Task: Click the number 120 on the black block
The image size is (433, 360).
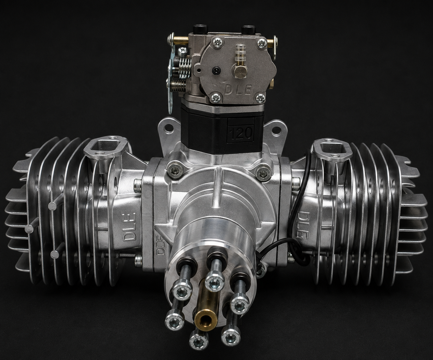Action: tap(241, 133)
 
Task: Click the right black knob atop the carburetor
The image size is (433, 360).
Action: tap(248, 30)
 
